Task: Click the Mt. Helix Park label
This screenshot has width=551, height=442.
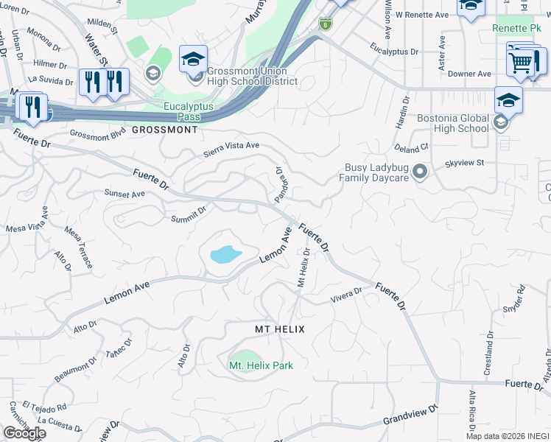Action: click(x=261, y=365)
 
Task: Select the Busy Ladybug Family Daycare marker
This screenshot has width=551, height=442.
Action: click(x=420, y=172)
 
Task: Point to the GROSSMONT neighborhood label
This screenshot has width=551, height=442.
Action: click(x=165, y=130)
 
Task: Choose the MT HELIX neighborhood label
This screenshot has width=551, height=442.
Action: click(x=280, y=329)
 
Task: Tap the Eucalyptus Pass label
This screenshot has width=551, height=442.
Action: click(x=189, y=111)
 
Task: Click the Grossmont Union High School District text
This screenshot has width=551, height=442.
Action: click(x=252, y=77)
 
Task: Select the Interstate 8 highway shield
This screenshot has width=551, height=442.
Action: click(x=326, y=24)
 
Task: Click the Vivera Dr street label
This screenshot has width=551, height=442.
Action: click(x=346, y=296)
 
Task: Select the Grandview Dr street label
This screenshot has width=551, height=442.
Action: click(x=410, y=415)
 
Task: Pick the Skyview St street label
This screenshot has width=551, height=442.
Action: click(x=464, y=162)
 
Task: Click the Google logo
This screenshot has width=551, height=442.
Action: click(x=24, y=433)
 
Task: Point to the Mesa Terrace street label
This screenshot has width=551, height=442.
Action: click(x=79, y=247)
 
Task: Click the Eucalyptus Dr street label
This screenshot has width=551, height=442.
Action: click(x=394, y=52)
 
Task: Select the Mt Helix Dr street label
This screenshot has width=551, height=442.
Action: click(x=303, y=267)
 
